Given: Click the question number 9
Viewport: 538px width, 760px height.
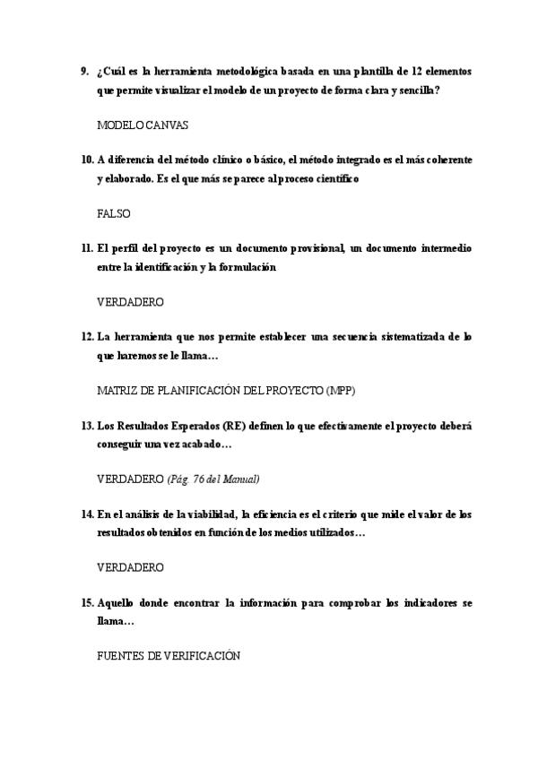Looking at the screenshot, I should pyautogui.click(x=84, y=71).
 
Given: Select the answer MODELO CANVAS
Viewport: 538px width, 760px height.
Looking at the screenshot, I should pyautogui.click(x=143, y=125).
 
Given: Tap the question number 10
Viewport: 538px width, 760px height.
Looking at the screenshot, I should pyautogui.click(x=87, y=159).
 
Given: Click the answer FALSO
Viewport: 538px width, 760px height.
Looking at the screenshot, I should pyautogui.click(x=114, y=214).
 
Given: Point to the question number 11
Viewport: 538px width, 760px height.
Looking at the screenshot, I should pyautogui.click(x=87, y=247).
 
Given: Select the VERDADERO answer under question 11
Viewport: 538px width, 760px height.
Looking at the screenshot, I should pyautogui.click(x=130, y=302).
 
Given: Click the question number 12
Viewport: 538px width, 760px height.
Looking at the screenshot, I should pyautogui.click(x=87, y=336).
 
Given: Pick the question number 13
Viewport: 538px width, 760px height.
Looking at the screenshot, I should pyautogui.click(x=87, y=425).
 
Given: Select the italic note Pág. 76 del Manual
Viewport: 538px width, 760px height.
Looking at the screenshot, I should pyautogui.click(x=213, y=479).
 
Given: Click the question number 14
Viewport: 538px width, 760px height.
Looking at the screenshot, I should pyautogui.click(x=87, y=514).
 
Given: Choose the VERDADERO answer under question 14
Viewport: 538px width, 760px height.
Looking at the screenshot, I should pyautogui.click(x=130, y=567).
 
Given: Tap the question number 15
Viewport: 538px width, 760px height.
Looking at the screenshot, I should pyautogui.click(x=87, y=602).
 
